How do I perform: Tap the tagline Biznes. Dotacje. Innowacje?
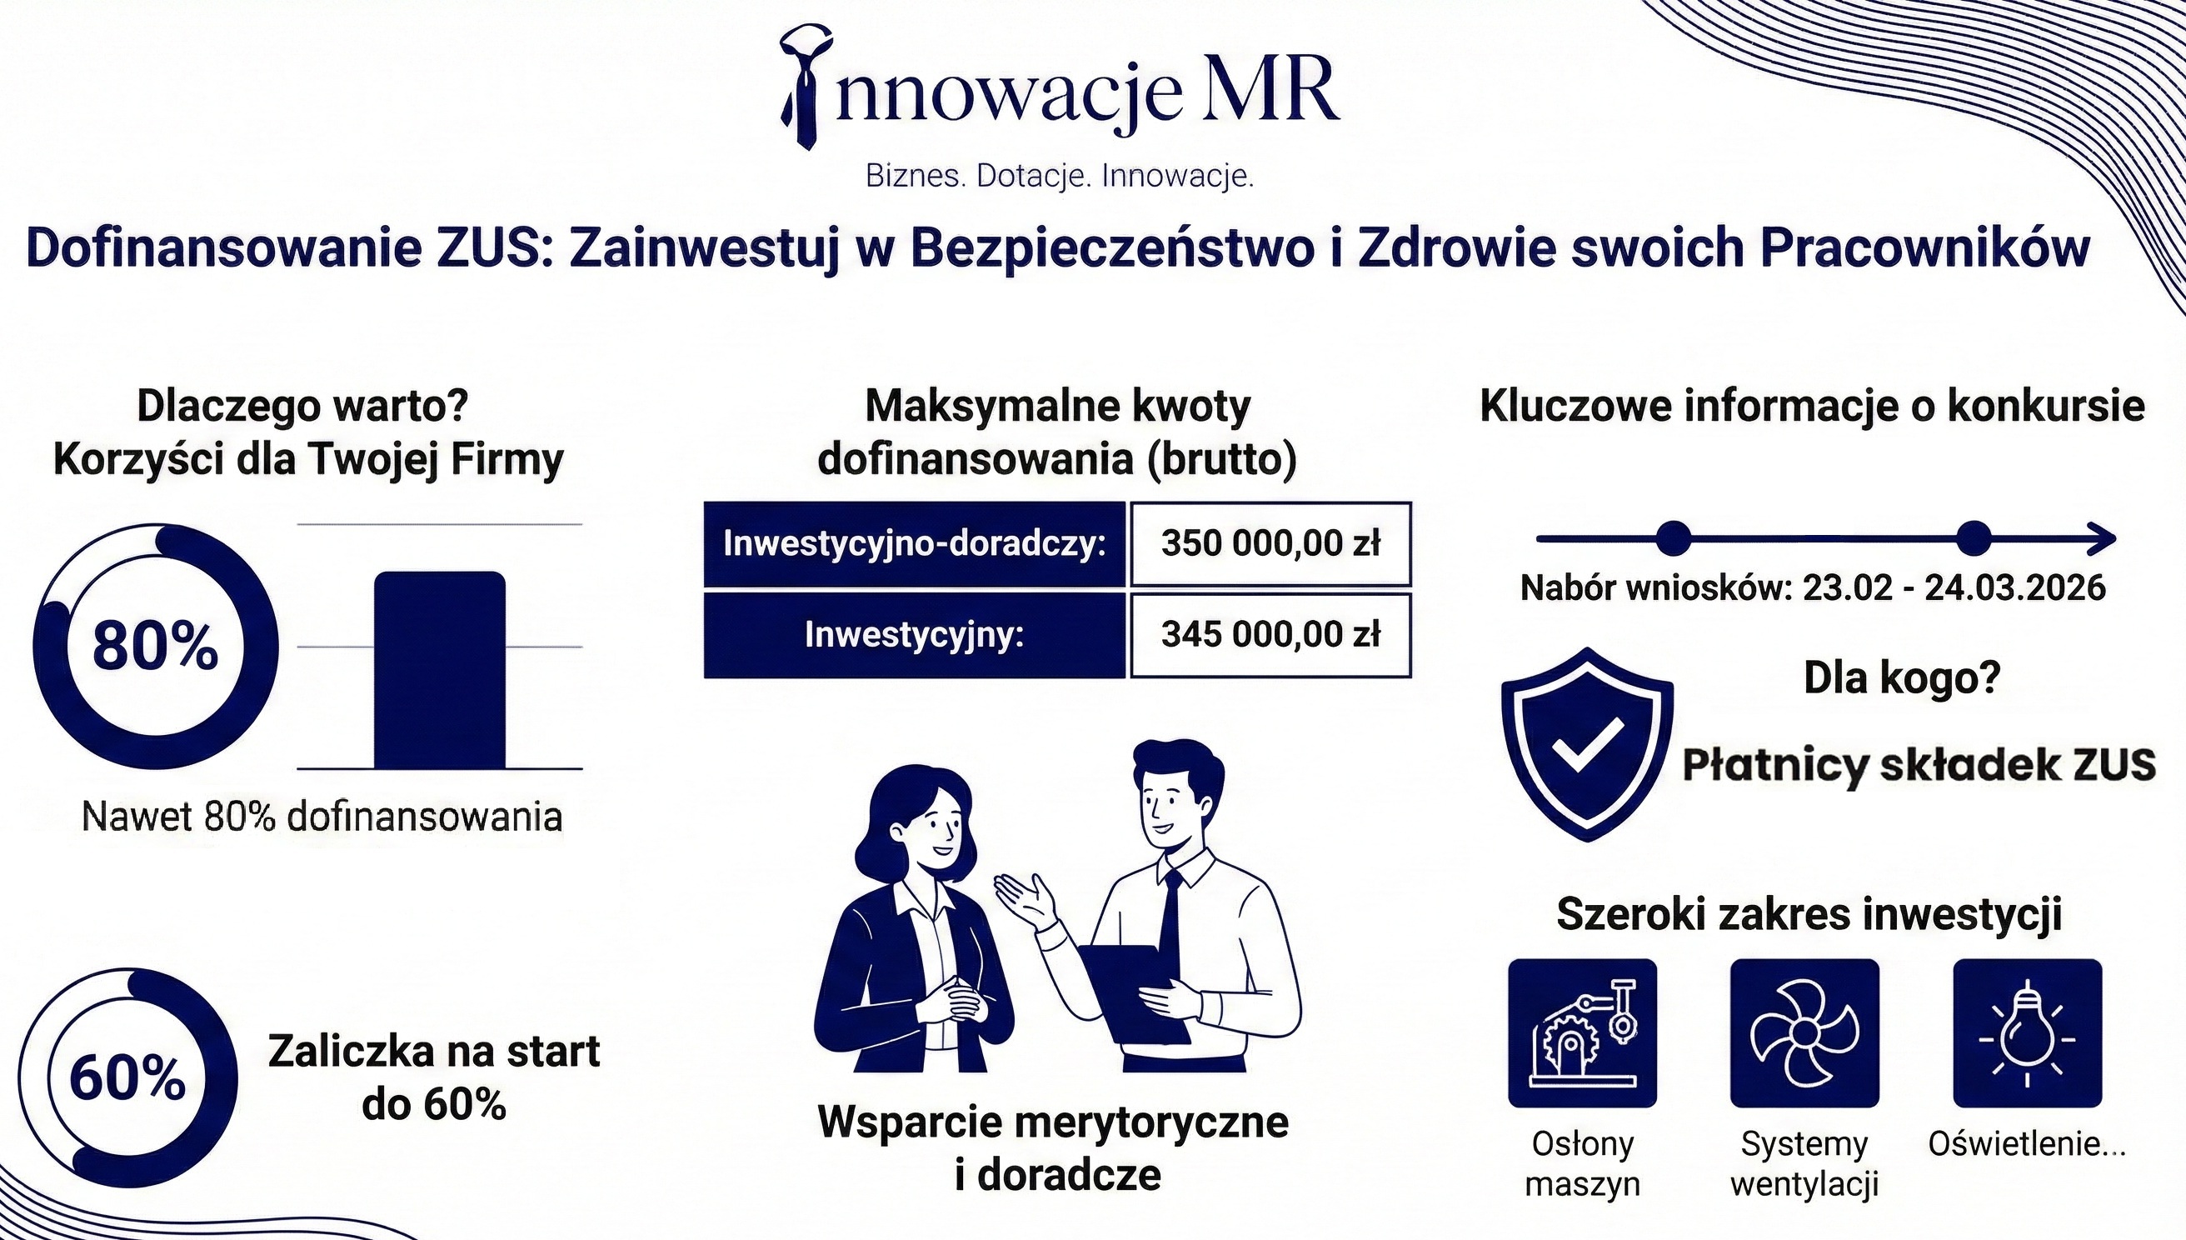click(1060, 177)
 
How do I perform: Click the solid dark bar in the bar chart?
click(439, 669)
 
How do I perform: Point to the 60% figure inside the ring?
click(127, 1079)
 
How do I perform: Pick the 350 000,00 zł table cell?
click(1270, 543)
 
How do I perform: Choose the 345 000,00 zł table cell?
click(1270, 634)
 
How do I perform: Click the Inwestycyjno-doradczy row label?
click(914, 543)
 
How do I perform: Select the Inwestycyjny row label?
click(914, 634)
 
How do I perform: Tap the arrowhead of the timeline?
click(2103, 538)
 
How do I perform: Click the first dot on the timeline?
click(1674, 538)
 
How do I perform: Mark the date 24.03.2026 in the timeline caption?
click(2015, 587)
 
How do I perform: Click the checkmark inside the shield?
click(1588, 743)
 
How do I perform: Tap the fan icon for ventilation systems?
click(1804, 1033)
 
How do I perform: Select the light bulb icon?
click(2028, 1033)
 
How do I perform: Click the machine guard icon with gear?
click(1583, 1033)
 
